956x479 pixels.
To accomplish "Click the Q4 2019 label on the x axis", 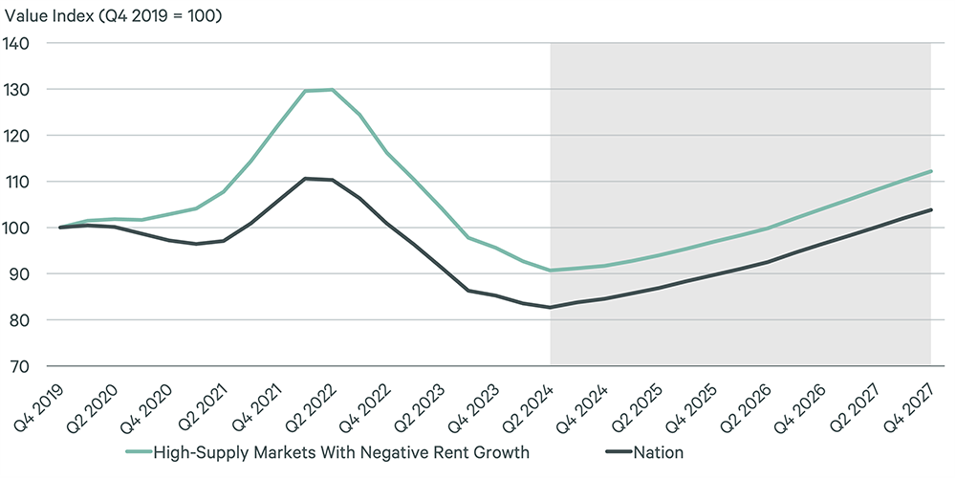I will tap(39, 401).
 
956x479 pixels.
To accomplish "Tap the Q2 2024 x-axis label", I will tap(530, 401).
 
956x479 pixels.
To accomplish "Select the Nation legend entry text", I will tap(658, 451).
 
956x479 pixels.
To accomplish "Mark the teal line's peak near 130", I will tap(331, 90).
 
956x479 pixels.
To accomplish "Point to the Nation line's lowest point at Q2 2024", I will tap(551, 307).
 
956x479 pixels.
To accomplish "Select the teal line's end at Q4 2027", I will tap(930, 171).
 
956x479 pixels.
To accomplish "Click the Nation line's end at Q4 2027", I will tap(930, 209).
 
